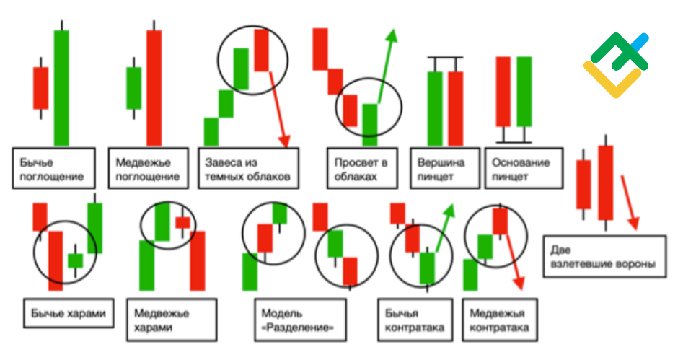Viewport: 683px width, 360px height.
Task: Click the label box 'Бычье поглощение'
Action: pyautogui.click(x=53, y=168)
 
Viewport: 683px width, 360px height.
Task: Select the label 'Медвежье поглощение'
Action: pyautogui.click(x=148, y=168)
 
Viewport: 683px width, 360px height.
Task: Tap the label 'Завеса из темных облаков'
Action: pyautogui.click(x=248, y=168)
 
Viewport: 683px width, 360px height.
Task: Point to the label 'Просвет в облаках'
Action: pyautogui.click(x=362, y=168)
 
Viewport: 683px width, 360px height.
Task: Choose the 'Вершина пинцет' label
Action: pyautogui.click(x=445, y=168)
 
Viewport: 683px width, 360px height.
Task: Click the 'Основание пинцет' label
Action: pyautogui.click(x=524, y=168)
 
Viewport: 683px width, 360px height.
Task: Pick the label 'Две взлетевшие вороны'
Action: pyautogui.click(x=604, y=256)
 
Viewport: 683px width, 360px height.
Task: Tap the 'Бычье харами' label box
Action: pyautogui.click(x=69, y=313)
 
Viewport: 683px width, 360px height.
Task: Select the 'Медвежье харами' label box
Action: pyautogui.click(x=172, y=320)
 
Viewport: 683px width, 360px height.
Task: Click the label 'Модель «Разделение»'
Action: pyautogui.click(x=300, y=320)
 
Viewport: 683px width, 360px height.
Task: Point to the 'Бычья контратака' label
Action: pyautogui.click(x=415, y=320)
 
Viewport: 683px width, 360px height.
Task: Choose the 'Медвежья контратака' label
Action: pyautogui.click(x=500, y=320)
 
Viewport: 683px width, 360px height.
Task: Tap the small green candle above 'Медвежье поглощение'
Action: pyautogui.click(x=133, y=88)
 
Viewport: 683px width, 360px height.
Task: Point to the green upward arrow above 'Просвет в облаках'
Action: pyautogui.click(x=387, y=66)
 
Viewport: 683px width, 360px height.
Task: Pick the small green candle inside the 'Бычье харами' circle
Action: pyautogui.click(x=75, y=260)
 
